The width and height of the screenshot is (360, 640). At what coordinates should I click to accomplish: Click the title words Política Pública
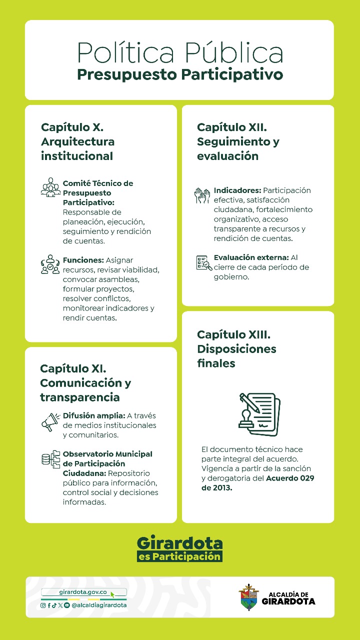[180, 52]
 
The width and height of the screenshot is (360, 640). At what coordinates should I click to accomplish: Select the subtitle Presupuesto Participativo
[180, 75]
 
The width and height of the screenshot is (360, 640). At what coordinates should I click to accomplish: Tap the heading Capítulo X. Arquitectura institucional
[77, 141]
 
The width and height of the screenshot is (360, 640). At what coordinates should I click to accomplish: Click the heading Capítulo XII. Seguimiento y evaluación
[238, 141]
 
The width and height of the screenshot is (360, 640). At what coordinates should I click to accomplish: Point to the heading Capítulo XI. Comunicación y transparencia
[85, 383]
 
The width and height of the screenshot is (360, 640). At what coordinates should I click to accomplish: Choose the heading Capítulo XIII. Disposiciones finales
[236, 348]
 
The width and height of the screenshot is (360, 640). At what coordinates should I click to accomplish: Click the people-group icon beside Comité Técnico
[50, 187]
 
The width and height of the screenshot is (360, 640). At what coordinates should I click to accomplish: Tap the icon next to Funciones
[50, 264]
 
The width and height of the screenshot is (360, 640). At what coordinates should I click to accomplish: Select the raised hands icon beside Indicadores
[202, 195]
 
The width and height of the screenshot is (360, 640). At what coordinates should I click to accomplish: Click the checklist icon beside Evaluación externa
[203, 262]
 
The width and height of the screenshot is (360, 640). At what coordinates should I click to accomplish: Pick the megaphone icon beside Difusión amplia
[50, 421]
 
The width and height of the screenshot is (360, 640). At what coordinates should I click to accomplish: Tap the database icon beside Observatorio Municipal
[50, 459]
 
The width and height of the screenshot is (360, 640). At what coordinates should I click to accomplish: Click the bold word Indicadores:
[237, 190]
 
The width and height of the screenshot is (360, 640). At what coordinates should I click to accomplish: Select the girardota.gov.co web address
[83, 592]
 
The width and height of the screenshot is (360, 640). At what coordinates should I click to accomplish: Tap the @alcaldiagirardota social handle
[99, 605]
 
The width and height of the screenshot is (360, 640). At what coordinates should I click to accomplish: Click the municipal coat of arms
[248, 597]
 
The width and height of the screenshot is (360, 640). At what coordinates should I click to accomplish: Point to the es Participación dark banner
[179, 556]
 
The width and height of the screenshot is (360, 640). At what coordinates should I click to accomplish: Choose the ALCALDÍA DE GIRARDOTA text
[288, 598]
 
